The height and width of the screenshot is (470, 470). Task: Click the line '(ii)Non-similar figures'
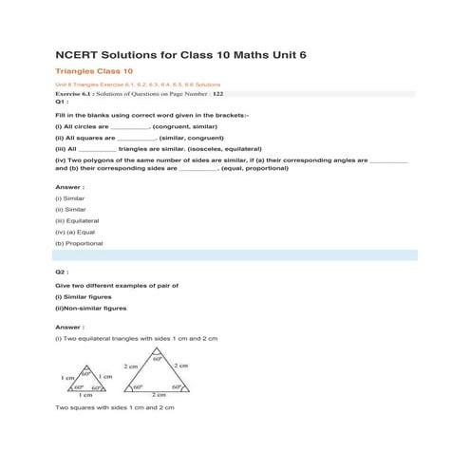(x=91, y=308)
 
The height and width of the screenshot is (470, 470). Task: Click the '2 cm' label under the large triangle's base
(x=160, y=394)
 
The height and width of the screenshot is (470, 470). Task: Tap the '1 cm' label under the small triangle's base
(x=85, y=394)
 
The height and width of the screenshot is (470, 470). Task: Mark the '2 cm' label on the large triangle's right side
(x=181, y=366)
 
